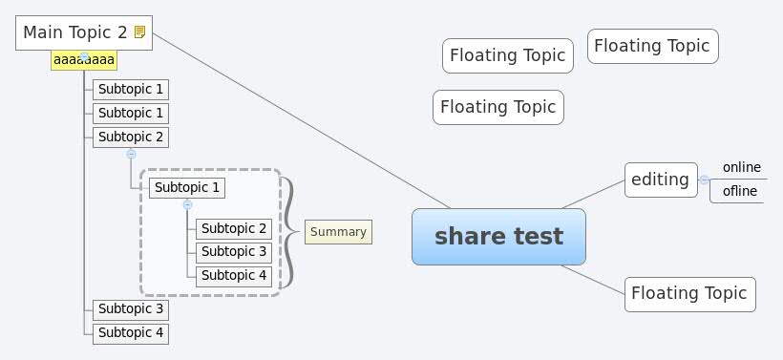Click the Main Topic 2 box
74,32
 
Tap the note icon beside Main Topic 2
140,32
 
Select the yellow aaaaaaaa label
84,61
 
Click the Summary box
338,232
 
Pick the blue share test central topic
498,237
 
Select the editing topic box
661,180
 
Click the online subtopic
741,168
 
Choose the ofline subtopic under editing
740,191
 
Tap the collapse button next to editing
704,180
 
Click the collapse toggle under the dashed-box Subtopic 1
187,204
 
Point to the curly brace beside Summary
286,232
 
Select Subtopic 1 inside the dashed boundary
187,187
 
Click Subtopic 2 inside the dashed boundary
234,228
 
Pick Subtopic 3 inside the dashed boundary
234,252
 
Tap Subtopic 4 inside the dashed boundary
234,276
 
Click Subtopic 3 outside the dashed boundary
131,309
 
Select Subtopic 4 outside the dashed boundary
131,333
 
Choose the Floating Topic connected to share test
689,294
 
